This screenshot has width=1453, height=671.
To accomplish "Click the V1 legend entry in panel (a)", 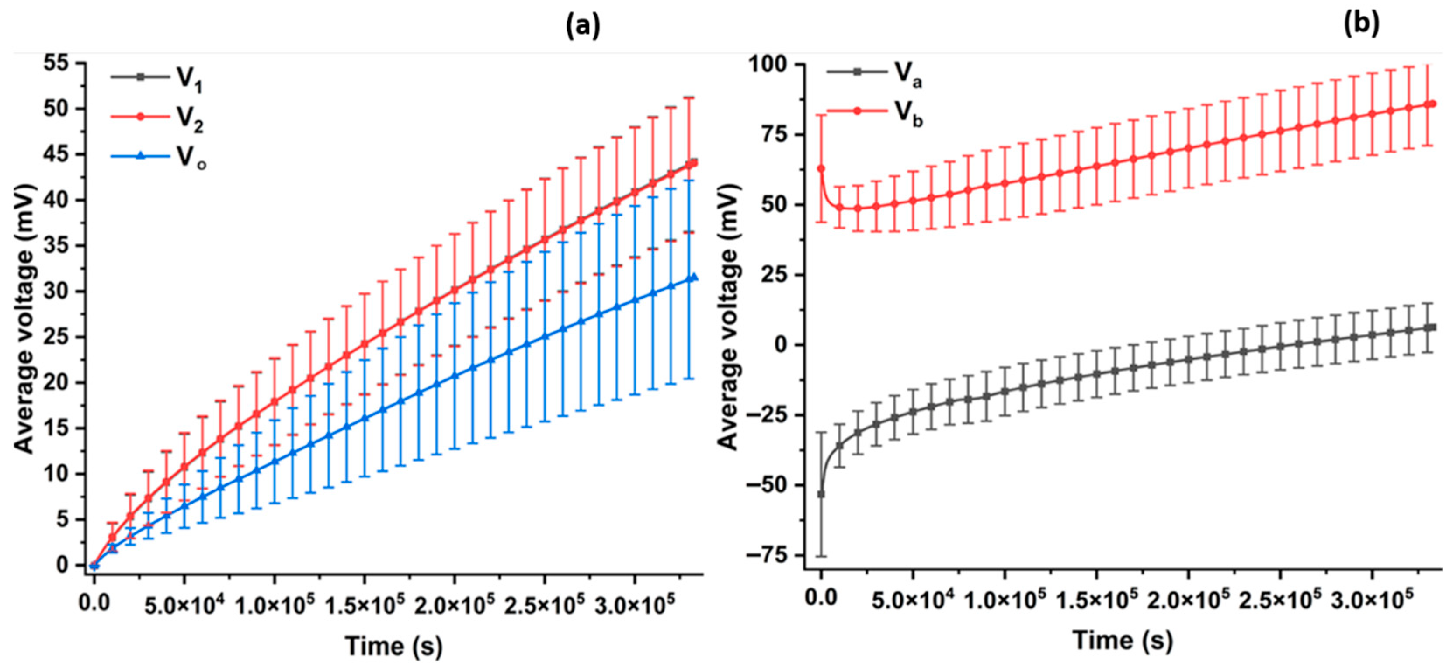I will coord(158,79).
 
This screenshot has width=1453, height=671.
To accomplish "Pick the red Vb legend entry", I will coord(874,113).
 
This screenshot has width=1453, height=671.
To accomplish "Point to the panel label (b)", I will coord(1361,24).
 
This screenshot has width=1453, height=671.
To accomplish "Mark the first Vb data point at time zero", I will coord(821,169).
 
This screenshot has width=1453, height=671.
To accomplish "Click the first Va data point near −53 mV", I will coord(821,494).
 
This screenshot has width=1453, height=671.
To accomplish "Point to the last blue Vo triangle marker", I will coord(694,277).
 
